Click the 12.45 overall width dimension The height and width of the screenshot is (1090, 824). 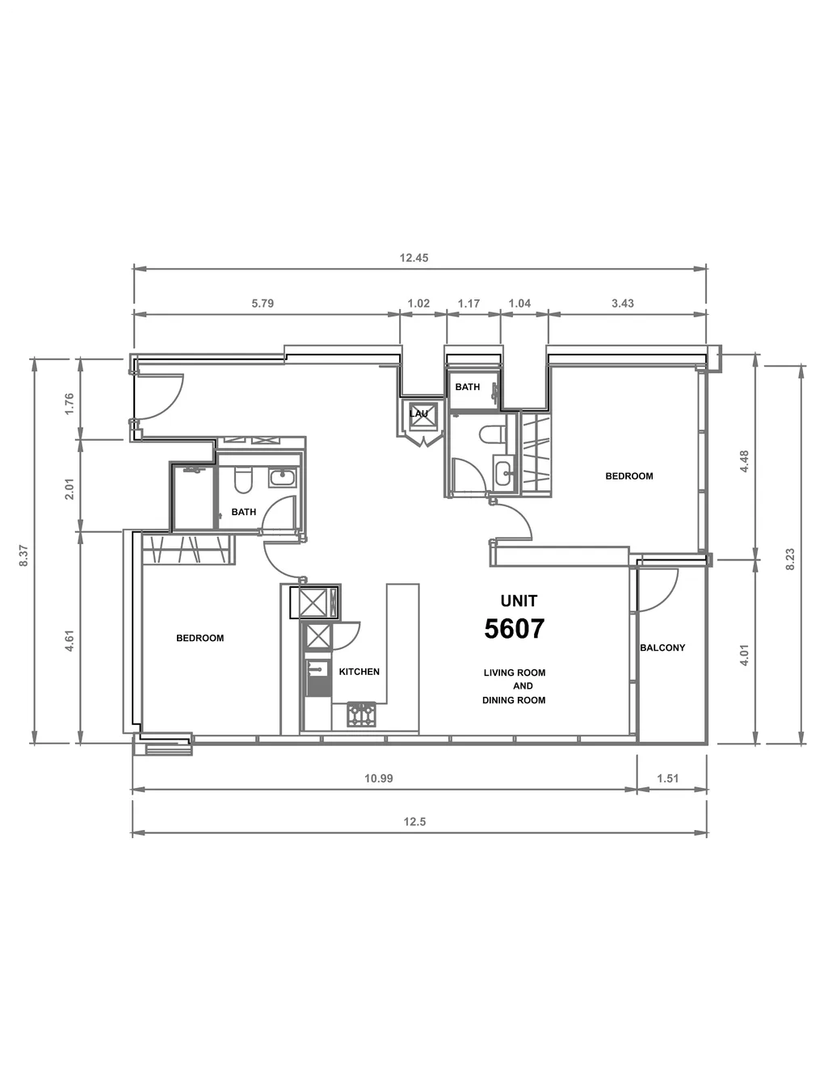pyautogui.click(x=414, y=258)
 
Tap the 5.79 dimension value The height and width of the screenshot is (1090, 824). pyautogui.click(x=263, y=303)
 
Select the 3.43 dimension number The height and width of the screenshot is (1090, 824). pyautogui.click(x=622, y=303)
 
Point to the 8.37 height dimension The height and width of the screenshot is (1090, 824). pyautogui.click(x=23, y=555)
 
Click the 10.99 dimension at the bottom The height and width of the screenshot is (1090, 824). pyautogui.click(x=378, y=778)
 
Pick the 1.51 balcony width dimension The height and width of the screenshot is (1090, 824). pyautogui.click(x=667, y=778)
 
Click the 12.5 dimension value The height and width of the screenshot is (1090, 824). pyautogui.click(x=414, y=821)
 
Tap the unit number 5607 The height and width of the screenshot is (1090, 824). pyautogui.click(x=514, y=628)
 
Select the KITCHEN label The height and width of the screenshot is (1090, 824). pyautogui.click(x=359, y=672)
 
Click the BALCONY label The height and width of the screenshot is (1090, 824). pyautogui.click(x=662, y=648)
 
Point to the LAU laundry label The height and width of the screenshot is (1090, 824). pyautogui.click(x=418, y=413)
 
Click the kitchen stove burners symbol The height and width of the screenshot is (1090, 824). pyautogui.click(x=362, y=715)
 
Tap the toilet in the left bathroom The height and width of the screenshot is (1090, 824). pyautogui.click(x=243, y=480)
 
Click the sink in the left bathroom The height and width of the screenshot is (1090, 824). pyautogui.click(x=282, y=478)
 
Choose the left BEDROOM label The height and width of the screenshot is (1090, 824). pyautogui.click(x=200, y=638)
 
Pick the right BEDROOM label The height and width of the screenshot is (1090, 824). pyautogui.click(x=629, y=476)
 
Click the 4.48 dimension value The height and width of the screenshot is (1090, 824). pyautogui.click(x=744, y=461)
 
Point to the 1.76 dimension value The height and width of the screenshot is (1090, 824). pyautogui.click(x=69, y=404)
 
